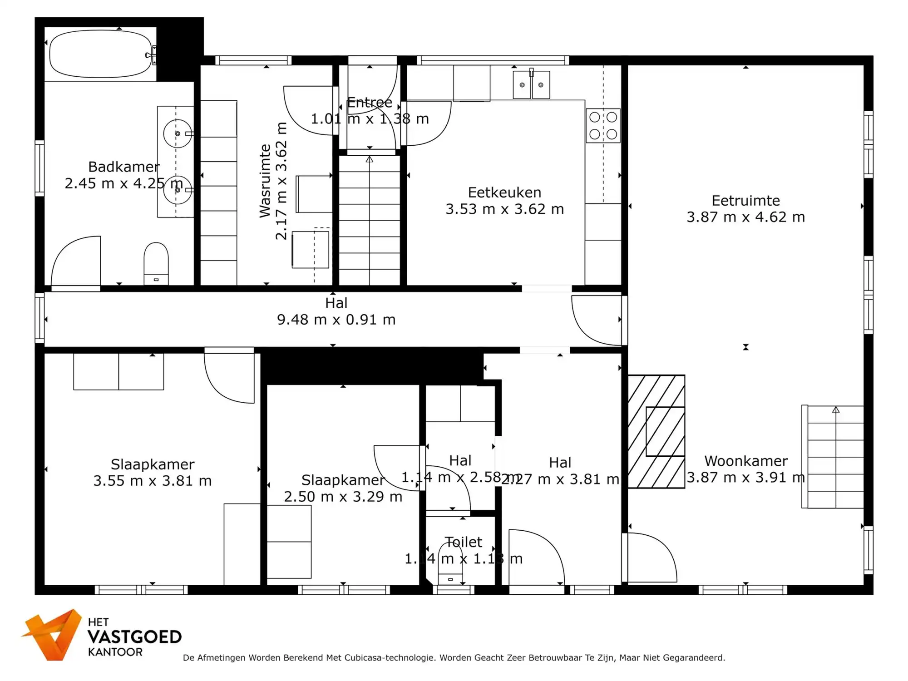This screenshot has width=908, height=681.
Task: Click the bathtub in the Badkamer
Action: tap(100, 54)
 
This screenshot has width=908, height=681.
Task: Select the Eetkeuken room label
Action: tap(504, 192)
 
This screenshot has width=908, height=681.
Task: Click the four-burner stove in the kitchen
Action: tap(603, 126)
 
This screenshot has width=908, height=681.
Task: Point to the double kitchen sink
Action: tap(531, 85)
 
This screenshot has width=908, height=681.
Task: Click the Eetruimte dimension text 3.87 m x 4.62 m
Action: tap(745, 217)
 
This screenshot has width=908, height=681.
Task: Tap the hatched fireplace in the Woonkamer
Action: tap(656, 431)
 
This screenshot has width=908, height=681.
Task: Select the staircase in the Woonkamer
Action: tap(834, 457)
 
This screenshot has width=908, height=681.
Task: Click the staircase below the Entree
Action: tap(370, 221)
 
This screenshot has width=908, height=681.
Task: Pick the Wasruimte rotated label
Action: tap(266, 181)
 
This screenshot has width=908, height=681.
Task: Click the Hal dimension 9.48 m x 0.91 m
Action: tap(336, 320)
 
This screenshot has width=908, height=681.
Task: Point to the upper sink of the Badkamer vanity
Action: tap(177, 133)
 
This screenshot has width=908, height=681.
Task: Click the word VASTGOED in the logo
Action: tap(134, 637)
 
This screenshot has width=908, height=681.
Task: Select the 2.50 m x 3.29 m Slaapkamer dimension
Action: tap(343, 497)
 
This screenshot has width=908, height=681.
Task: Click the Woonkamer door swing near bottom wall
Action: tap(650, 558)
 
